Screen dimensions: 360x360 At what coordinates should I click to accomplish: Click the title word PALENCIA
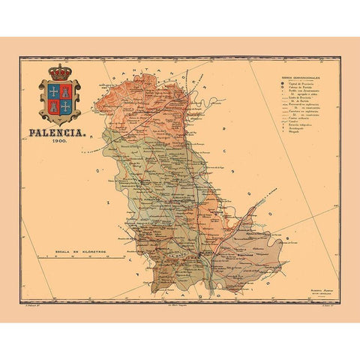click(57, 136)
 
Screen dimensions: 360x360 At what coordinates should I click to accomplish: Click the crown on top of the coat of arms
click(60, 73)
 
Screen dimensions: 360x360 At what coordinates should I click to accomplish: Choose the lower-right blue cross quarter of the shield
click(66, 106)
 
